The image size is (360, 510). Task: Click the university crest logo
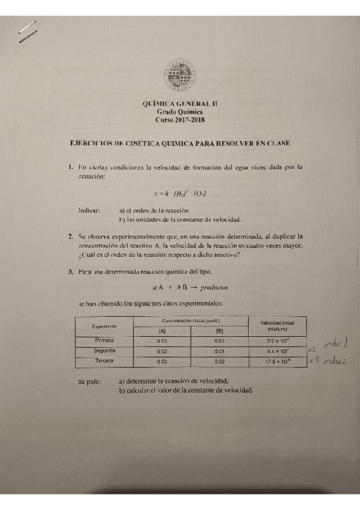[x=180, y=75]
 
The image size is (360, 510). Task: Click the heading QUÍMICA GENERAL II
[x=180, y=103]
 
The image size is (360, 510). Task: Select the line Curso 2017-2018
[x=180, y=120]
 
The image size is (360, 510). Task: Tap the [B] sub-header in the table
[x=219, y=331]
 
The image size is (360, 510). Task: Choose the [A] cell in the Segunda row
[x=162, y=351]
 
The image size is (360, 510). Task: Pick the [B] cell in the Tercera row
[x=219, y=361]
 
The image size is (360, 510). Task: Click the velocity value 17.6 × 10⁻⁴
[x=278, y=361]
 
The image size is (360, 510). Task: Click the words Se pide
[x=90, y=381]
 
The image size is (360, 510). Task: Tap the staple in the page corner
[x=27, y=31]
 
